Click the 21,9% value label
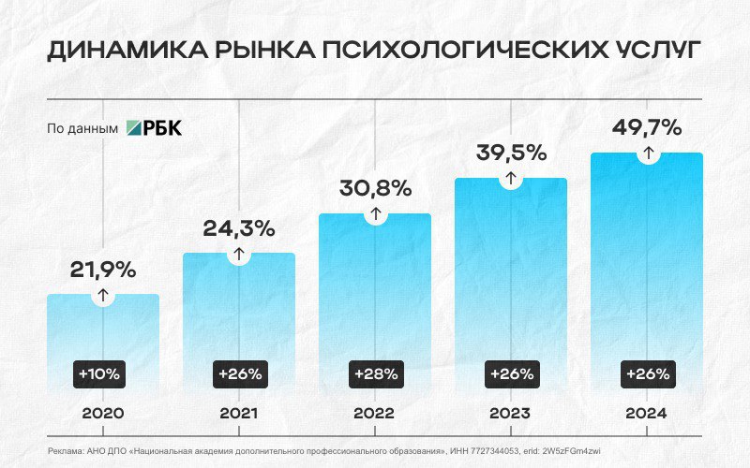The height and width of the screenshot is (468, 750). coord(103,270)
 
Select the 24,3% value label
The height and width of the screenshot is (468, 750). coord(239,227)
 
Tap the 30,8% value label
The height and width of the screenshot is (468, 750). coord(375,188)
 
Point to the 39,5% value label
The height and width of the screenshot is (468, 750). coord(511,153)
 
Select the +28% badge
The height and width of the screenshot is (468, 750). coord(375,373)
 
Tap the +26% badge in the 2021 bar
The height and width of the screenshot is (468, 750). coord(239,373)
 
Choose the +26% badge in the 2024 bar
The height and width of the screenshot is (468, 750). coord(647,373)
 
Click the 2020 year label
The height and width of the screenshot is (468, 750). coord(103,413)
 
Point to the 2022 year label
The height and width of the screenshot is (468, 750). coord(375,413)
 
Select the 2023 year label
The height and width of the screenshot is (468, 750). coord(511,413)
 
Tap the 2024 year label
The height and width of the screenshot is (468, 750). coord(647,413)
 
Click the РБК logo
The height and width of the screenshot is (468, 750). coord(155,128)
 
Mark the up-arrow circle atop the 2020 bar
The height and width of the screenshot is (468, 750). coord(103,295)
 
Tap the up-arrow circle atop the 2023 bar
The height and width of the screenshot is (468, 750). coord(511,178)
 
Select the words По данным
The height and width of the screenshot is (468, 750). coord(82,129)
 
